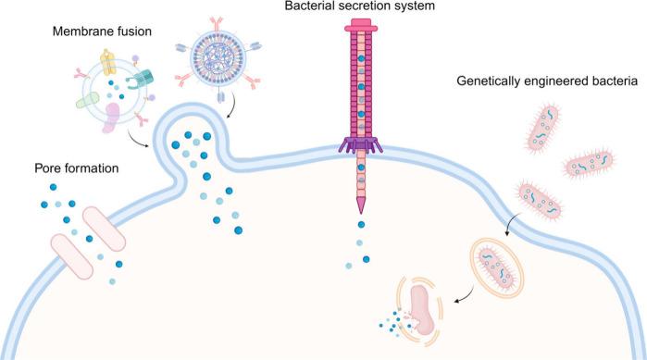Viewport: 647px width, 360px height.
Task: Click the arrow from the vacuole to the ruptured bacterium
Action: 462,292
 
